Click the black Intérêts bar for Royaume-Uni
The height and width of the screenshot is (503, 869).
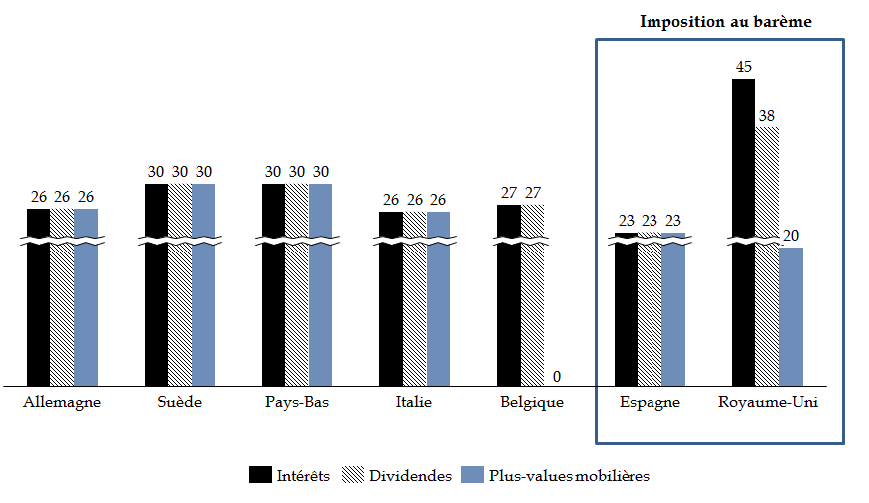coord(743,230)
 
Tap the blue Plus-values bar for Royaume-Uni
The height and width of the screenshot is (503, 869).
coord(791,315)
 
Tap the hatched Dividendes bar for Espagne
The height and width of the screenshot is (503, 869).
coord(650,309)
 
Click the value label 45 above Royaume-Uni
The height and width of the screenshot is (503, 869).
coord(744,68)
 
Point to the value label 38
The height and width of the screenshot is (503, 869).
coord(767,116)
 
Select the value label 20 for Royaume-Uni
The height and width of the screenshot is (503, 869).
coord(791,237)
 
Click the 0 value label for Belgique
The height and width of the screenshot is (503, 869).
coord(556,376)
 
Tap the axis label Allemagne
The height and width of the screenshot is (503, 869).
coord(62,403)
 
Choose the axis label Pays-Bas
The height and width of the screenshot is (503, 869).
coord(297,403)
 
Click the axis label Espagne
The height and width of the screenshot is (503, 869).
coord(650,403)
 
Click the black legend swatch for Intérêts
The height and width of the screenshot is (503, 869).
coord(261,476)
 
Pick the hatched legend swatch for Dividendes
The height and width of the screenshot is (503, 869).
coord(353,476)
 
